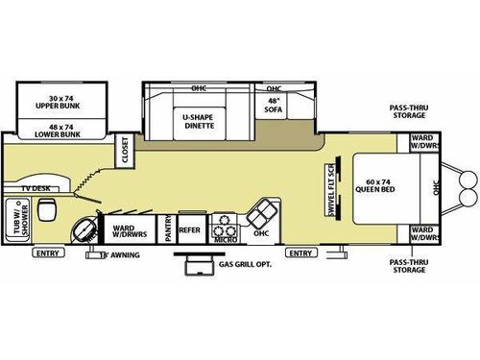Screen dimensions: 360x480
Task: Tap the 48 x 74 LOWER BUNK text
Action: click(48, 123)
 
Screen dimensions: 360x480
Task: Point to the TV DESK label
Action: click(37, 190)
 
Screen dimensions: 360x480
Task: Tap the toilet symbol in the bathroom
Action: click(84, 229)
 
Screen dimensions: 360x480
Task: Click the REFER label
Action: click(189, 230)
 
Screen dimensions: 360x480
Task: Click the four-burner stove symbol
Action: click(224, 225)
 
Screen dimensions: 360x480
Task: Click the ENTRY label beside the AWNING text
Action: click(46, 253)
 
